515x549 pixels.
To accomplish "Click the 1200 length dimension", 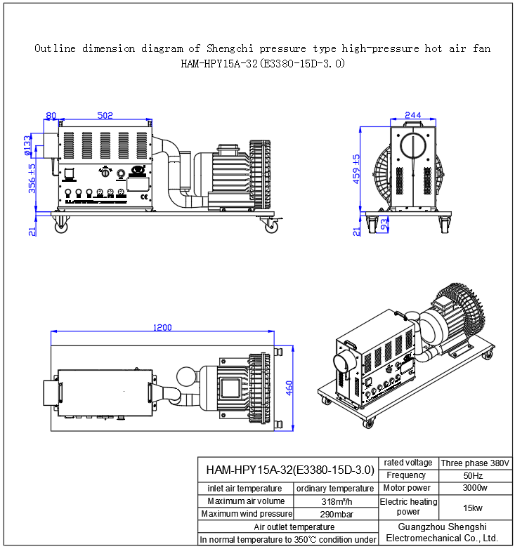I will tap(163, 328).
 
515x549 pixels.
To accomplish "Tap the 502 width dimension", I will tap(105, 116).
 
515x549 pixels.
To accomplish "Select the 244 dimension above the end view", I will tap(413, 115).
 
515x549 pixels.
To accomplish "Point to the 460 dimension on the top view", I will tap(289, 388).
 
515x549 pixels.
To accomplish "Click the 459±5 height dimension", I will tap(356, 168).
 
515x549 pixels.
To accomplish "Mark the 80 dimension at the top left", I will tap(51, 116).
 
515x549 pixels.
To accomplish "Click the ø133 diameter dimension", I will tap(27, 144).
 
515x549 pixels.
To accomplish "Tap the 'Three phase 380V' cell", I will tap(475, 463).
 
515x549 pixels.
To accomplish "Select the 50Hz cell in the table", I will tap(475, 475).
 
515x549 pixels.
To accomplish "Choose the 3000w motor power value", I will tap(475, 488).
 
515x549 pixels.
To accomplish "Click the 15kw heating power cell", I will tap(475, 507).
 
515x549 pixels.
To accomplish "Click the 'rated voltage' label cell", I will tap(408, 463).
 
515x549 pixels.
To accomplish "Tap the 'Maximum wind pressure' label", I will tap(246, 514).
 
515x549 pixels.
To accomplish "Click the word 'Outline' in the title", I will tap(56, 49).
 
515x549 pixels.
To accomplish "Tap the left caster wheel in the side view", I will tap(62, 225).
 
